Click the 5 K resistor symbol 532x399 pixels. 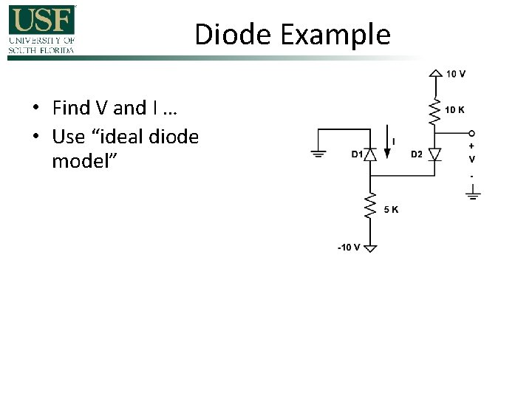pyautogui.click(x=371, y=208)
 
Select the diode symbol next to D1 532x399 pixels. pyautogui.click(x=371, y=154)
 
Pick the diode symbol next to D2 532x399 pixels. pyautogui.click(x=434, y=154)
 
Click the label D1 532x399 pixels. pyautogui.click(x=356, y=154)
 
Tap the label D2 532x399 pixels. pyautogui.click(x=417, y=154)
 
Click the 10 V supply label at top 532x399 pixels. pyautogui.click(x=456, y=74)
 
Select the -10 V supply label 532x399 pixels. pyautogui.click(x=348, y=248)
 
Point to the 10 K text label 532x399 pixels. pyautogui.click(x=454, y=110)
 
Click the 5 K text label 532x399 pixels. pyautogui.click(x=392, y=209)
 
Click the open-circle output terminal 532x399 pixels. pyautogui.click(x=472, y=134)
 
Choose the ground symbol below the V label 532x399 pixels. pyautogui.click(x=472, y=195)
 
